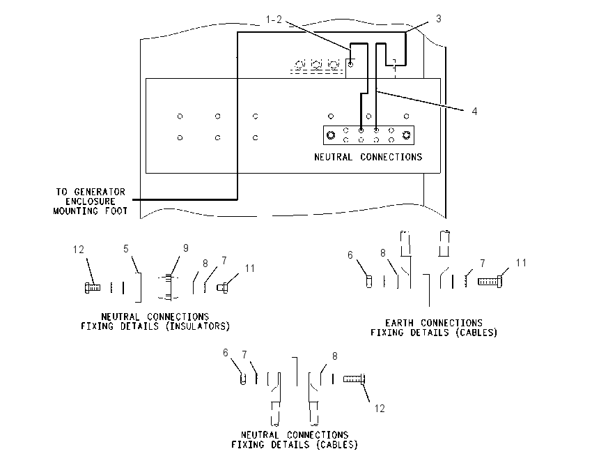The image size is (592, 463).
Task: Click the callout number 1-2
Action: point(274,20)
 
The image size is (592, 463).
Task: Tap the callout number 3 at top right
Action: point(438,19)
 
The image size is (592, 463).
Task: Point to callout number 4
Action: point(474,111)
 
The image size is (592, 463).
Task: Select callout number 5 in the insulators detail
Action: point(126,249)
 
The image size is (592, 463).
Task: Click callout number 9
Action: point(186,248)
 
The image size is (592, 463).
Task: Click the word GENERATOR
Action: point(100,192)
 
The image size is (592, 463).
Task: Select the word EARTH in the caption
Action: point(399,323)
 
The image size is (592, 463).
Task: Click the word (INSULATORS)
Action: point(198,326)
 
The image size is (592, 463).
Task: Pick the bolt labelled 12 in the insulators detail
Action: point(93,287)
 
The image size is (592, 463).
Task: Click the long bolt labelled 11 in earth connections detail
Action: point(490,282)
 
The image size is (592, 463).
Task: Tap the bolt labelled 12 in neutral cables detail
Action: point(354,379)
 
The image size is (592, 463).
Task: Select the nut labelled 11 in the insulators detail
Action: point(222,288)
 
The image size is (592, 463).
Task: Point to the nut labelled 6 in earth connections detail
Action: point(369,282)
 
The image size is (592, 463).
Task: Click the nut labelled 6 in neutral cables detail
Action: point(243,379)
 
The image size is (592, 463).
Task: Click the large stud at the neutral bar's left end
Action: point(331,135)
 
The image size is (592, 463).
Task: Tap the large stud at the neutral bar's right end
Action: point(406,135)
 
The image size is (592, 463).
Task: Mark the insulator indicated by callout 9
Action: point(168,287)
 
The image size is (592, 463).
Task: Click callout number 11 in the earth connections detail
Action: point(521,263)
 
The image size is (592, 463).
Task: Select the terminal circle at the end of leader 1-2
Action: point(351,65)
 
